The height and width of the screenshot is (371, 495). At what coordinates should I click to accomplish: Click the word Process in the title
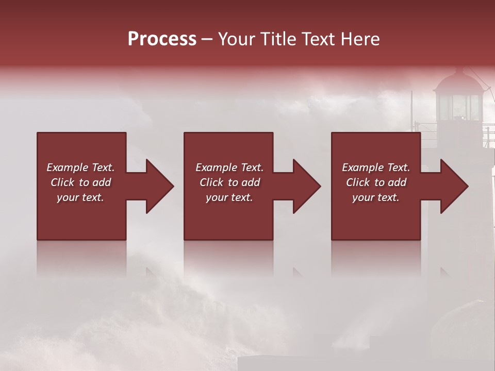(x=162, y=39)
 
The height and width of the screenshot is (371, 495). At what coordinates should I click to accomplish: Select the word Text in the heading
(x=318, y=39)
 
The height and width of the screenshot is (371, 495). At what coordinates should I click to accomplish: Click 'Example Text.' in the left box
(x=80, y=167)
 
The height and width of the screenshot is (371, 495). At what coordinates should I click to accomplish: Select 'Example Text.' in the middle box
(x=229, y=167)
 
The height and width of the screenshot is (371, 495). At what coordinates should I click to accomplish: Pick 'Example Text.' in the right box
(x=376, y=167)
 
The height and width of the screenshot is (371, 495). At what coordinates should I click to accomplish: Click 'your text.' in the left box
(x=80, y=197)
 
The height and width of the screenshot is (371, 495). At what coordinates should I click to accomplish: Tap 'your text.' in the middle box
(x=229, y=197)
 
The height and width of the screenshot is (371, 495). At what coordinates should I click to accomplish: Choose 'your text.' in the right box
(x=376, y=197)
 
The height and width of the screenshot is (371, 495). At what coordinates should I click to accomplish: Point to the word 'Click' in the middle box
(x=211, y=182)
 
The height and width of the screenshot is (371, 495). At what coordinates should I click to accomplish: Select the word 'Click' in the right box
(x=358, y=182)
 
